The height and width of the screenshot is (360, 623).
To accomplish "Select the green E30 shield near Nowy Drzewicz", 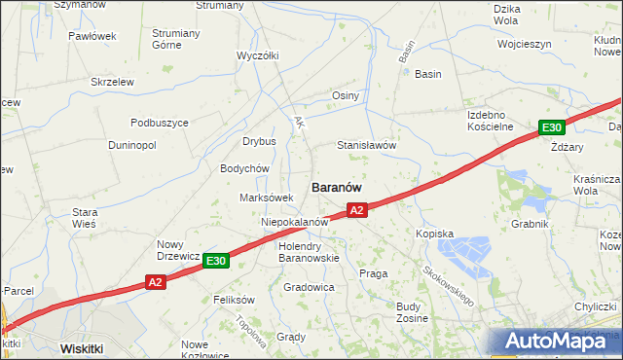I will coord(216,261).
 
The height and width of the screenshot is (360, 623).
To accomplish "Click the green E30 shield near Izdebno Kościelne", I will coord(552,127).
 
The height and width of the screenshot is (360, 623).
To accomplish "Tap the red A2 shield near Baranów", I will coord(356,209).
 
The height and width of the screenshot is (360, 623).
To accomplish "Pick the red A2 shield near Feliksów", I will coord(156,282).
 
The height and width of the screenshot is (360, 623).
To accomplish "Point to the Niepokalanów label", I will coord(293,222).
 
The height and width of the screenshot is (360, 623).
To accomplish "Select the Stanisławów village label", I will coord(366,145).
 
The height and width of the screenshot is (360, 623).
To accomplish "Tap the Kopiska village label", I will coord(435,234).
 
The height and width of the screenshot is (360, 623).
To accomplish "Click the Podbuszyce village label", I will coord(160,123).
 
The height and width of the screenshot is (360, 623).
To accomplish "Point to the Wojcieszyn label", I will coord(524,44).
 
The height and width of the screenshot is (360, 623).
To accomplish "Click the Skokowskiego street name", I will coord(449,283).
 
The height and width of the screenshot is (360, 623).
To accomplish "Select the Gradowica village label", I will coord(310,288).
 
